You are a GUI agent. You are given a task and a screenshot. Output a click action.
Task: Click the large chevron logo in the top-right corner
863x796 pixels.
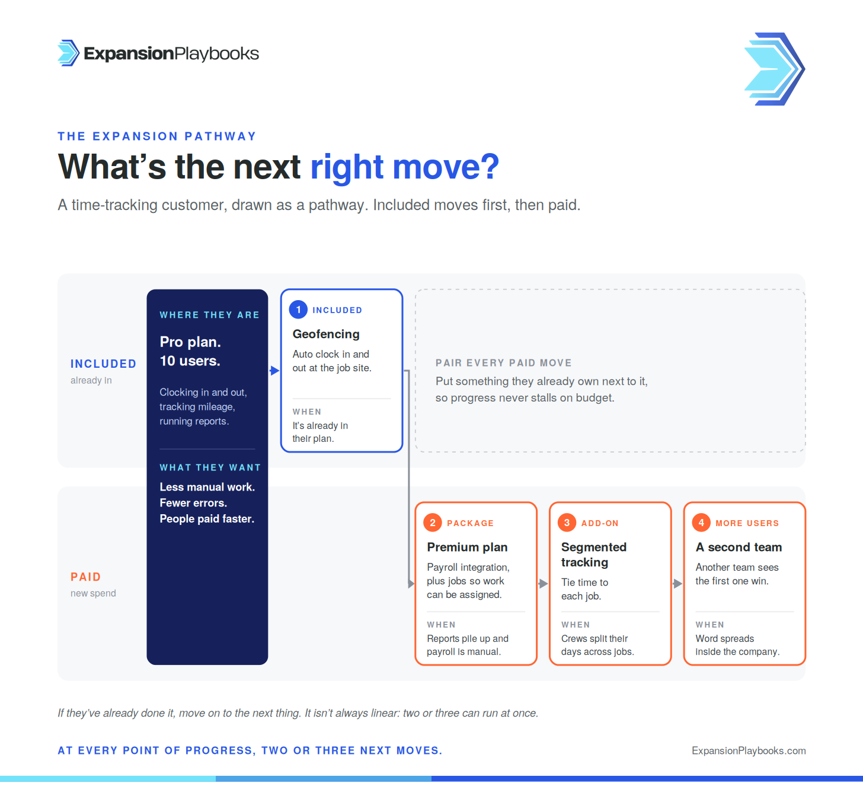pyautogui.click(x=774, y=69)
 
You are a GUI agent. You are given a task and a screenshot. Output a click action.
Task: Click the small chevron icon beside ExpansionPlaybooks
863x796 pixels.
pyautogui.click(x=68, y=53)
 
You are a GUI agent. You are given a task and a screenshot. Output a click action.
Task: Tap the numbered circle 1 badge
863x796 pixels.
pyautogui.click(x=298, y=310)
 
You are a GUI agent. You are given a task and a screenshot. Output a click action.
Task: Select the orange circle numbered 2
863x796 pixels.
pyautogui.click(x=432, y=523)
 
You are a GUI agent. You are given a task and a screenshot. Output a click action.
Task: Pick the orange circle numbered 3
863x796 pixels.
pyautogui.click(x=567, y=523)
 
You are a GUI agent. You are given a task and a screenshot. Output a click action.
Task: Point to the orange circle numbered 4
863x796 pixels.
pyautogui.click(x=701, y=523)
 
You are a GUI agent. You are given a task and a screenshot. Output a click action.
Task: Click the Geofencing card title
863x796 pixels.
pyautogui.click(x=326, y=334)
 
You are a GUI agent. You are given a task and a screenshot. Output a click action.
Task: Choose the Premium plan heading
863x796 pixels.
pyautogui.click(x=467, y=547)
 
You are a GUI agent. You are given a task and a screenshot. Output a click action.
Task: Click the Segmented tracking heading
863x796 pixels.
pyautogui.click(x=593, y=555)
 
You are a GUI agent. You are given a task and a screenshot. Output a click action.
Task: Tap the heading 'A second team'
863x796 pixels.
pyautogui.click(x=739, y=547)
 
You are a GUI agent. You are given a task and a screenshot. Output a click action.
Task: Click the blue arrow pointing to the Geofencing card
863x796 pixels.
pyautogui.click(x=274, y=371)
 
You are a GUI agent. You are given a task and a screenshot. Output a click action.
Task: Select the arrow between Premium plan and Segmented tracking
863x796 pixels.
pyautogui.click(x=543, y=583)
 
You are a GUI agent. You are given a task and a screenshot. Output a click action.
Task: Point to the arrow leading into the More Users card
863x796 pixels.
pyautogui.click(x=677, y=583)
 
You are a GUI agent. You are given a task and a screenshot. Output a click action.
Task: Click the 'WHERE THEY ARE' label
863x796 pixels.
pyautogui.click(x=209, y=315)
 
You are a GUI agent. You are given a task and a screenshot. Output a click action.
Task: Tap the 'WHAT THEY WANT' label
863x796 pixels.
pyautogui.click(x=210, y=467)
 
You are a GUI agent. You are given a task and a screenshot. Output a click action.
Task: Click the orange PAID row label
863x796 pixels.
pyautogui.click(x=85, y=577)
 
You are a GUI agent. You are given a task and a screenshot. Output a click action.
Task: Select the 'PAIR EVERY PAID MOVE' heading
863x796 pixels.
pyautogui.click(x=504, y=363)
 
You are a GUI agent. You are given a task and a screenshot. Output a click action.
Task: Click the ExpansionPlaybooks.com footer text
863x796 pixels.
pyautogui.click(x=749, y=751)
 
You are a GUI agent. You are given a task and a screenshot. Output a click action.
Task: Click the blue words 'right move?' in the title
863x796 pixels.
pyautogui.click(x=405, y=167)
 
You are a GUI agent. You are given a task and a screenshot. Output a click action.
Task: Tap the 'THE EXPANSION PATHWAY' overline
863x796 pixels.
pyautogui.click(x=157, y=136)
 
